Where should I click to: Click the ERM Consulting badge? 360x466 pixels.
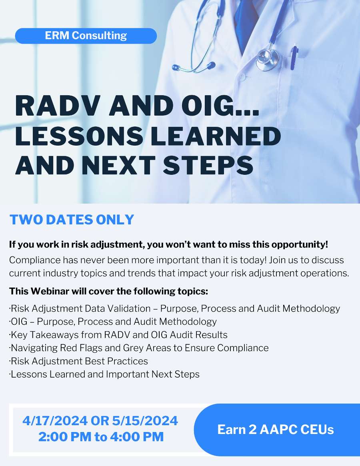click(86, 36)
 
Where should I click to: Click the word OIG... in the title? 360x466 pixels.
click(220, 106)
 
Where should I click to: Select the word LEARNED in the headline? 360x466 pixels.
click(216, 136)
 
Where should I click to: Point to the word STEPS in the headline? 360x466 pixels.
click(208, 165)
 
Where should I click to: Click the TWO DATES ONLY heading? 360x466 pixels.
click(72, 220)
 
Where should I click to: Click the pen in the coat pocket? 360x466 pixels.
click(294, 57)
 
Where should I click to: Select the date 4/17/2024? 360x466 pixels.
click(55, 420)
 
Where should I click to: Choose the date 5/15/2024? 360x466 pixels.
click(145, 420)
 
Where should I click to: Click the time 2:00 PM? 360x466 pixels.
click(65, 436)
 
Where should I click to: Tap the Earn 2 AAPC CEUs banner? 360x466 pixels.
click(276, 430)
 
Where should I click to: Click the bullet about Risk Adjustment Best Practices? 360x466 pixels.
click(78, 361)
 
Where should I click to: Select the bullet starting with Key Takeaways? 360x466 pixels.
click(118, 335)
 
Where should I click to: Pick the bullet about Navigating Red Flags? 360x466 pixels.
click(139, 348)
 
